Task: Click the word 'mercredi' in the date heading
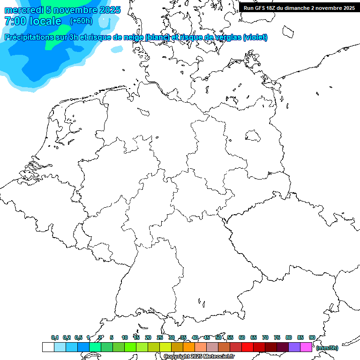pos(23,10)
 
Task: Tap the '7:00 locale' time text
pos(33,21)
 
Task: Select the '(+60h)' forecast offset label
pos(81,21)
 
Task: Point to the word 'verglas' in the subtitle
pos(226,37)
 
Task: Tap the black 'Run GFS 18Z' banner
pos(299,8)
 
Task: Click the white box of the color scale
pos(48,347)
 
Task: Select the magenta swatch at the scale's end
pos(306,347)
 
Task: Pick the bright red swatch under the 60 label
pos(247,347)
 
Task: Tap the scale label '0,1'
pos(55,337)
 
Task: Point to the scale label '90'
pos(312,337)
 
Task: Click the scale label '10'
pos(125,337)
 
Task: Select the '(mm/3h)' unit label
pos(327,348)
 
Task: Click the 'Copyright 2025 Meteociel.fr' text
pos(199,357)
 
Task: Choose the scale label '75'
pos(277,337)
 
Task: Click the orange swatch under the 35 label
pos(189,347)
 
